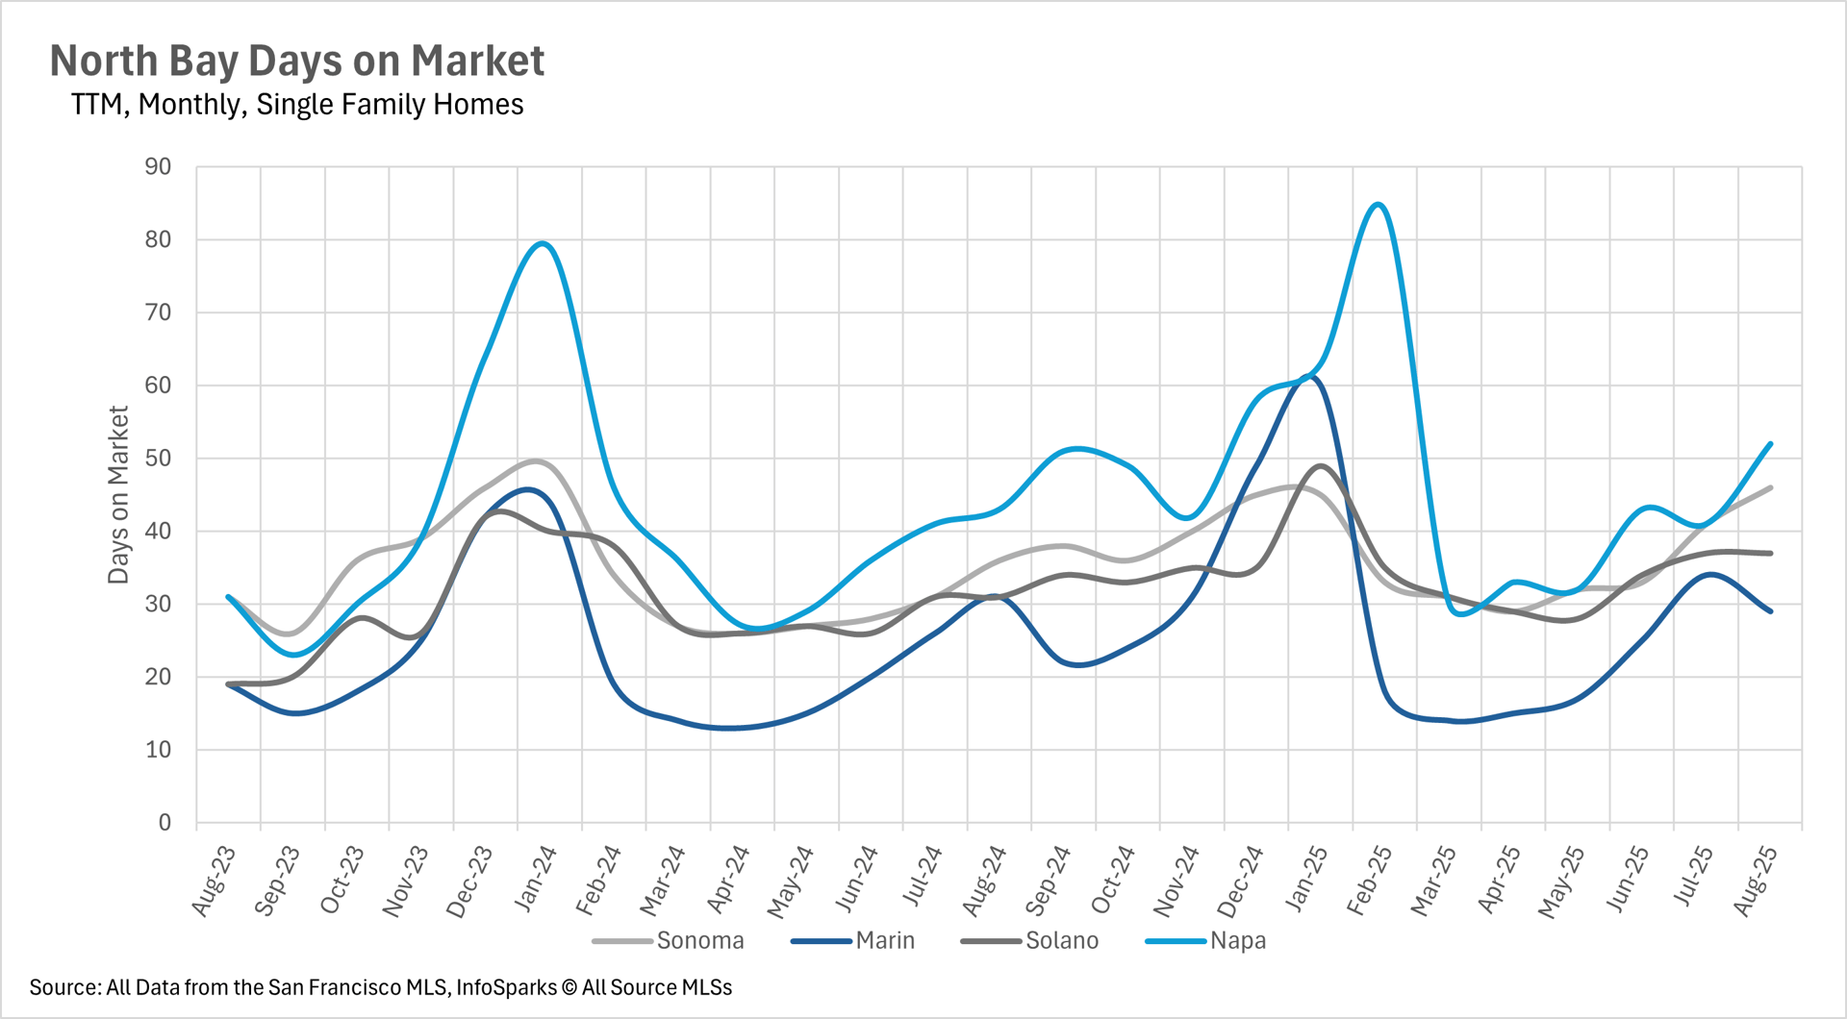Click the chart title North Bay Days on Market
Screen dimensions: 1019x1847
coord(296,61)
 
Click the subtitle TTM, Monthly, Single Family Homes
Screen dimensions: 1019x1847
coord(297,104)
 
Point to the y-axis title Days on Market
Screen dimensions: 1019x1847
coord(117,494)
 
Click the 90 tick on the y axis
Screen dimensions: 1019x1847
coord(158,166)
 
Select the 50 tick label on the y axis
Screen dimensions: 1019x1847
coord(158,459)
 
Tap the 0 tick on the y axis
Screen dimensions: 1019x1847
coord(164,823)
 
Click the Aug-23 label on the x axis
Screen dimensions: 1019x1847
coord(215,880)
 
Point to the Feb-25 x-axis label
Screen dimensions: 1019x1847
coord(1370,879)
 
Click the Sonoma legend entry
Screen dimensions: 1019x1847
coord(699,941)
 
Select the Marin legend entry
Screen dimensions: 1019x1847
coord(885,941)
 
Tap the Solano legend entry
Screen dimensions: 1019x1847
coord(1061,941)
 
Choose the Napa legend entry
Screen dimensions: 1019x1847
coord(1237,941)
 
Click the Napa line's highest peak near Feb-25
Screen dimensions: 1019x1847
coord(1379,204)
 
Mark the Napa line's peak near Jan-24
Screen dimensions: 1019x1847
coord(544,243)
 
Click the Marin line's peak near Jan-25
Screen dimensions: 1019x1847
coord(1312,376)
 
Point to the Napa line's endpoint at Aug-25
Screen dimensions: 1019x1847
coord(1771,444)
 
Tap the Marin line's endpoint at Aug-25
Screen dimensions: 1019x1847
coord(1771,611)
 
